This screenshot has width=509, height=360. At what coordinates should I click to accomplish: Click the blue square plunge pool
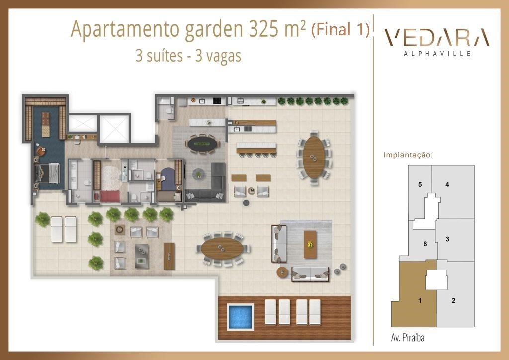[240, 317]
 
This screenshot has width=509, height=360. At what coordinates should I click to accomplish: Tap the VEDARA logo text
[436, 37]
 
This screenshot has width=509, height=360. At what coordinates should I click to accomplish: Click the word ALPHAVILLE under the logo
[437, 53]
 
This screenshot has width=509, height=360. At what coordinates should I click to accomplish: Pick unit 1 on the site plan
[414, 294]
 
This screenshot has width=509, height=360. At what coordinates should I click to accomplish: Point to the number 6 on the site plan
[425, 244]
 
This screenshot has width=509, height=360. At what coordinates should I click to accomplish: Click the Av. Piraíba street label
[408, 338]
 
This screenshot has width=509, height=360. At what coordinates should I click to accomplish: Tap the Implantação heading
[408, 155]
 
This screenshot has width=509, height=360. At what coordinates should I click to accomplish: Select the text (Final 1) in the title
[340, 29]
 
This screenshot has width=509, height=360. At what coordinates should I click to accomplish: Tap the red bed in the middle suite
[110, 196]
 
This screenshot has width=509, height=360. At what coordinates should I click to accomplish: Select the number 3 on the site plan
[447, 239]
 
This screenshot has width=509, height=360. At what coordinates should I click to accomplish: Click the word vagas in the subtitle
[223, 56]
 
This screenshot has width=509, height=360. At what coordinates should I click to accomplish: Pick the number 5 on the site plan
[420, 184]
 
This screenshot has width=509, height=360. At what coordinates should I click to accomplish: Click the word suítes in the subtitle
[165, 56]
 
